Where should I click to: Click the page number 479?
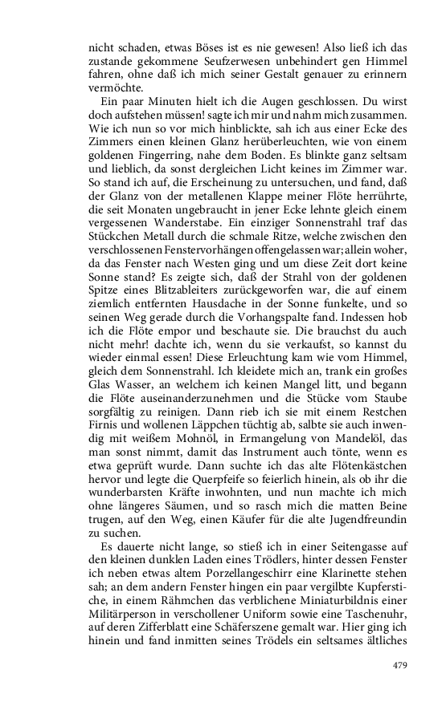400,664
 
